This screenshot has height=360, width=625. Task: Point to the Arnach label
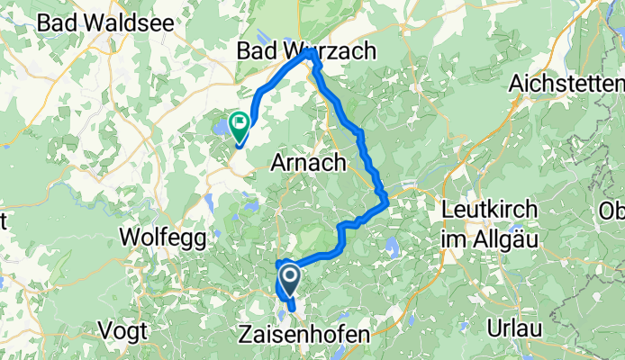coord(309,163)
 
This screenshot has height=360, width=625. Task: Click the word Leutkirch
coord(492,210)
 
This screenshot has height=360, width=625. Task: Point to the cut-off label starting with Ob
coord(613,211)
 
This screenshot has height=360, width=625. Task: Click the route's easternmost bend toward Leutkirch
coord(387,199)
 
